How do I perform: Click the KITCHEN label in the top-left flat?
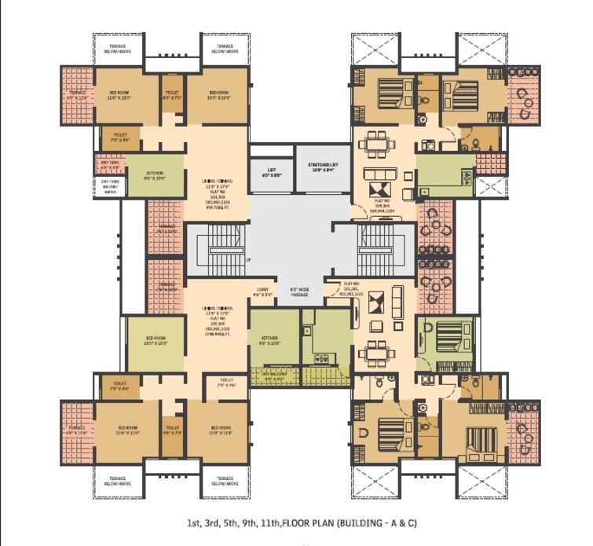[155, 176]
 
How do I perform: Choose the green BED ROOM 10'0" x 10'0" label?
[156, 341]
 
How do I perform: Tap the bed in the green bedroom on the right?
[445, 330]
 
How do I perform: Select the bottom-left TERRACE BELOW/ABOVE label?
[116, 480]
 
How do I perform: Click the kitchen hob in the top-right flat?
[432, 145]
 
